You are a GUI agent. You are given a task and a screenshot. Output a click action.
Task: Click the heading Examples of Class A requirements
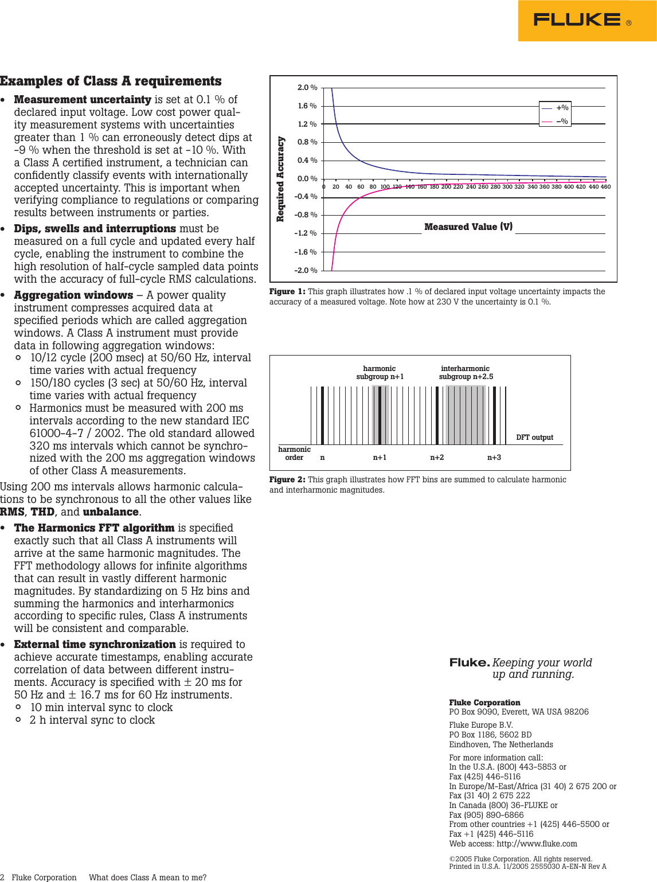[x=111, y=81]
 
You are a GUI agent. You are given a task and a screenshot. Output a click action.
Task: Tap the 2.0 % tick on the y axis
[x=307, y=88]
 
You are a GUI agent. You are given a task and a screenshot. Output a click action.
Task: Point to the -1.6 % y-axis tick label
[x=305, y=252]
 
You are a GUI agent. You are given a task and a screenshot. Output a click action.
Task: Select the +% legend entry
[x=561, y=108]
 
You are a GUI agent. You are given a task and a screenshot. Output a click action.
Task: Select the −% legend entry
[x=561, y=122]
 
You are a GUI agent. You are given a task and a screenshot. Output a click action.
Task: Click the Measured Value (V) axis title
[x=468, y=227]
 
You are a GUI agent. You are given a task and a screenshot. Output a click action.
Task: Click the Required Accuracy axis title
[x=280, y=179]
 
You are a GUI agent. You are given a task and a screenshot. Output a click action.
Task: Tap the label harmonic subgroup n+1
[x=380, y=373]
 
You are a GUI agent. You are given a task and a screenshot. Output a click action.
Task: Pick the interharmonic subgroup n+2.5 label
[x=466, y=373]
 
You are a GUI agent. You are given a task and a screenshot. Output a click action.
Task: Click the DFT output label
[x=534, y=438]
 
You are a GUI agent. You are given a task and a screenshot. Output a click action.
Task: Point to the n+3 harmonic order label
[x=494, y=458]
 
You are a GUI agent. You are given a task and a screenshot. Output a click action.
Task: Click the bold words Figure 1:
[x=287, y=292]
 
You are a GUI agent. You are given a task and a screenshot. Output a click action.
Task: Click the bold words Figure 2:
[x=287, y=480]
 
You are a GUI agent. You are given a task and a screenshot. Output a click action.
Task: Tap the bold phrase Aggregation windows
[x=73, y=295]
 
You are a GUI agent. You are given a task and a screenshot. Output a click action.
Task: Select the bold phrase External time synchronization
[x=95, y=645]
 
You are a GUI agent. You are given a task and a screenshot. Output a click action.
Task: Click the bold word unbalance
[x=111, y=512]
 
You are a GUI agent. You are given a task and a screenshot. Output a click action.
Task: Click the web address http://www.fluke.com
[x=537, y=844]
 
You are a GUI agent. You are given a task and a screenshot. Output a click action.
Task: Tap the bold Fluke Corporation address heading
[x=484, y=703]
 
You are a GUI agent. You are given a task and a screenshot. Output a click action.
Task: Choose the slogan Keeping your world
[x=542, y=663]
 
